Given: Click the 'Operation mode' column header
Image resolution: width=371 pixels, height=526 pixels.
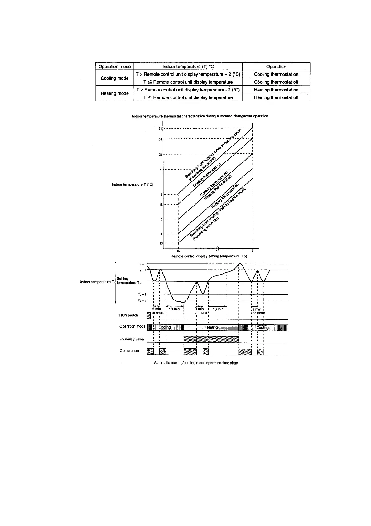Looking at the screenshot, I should point(114,66).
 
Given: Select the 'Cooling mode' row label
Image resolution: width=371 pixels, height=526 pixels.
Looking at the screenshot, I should point(114,78).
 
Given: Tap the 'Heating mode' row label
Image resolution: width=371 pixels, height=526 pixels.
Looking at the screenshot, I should point(114,93).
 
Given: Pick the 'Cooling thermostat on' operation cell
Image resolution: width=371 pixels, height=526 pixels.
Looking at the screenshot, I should point(276,74).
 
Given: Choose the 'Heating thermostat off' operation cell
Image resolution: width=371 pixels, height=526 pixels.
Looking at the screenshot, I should point(276,97).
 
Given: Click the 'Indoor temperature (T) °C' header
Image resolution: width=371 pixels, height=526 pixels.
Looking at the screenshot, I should point(188,66).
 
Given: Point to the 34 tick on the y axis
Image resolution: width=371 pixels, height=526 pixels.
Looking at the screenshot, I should point(160,128).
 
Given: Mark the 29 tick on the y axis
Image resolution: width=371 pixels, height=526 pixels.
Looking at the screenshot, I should point(160,170).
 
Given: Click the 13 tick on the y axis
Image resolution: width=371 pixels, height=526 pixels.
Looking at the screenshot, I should point(160,243).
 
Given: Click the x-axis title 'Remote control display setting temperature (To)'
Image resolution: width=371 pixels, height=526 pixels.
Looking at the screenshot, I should point(209,256).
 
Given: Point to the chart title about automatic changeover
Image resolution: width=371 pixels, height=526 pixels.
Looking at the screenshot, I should point(200,116).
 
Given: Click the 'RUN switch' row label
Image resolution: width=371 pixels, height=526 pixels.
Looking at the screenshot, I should point(128,315).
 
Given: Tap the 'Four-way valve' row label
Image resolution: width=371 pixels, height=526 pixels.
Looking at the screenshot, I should point(132,339).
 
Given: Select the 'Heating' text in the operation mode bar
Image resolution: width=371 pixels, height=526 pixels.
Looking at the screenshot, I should point(212,327).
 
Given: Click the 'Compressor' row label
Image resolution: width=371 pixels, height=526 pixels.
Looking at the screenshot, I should point(129,351).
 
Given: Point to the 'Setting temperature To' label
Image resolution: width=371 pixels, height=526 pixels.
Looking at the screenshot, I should point(129,280).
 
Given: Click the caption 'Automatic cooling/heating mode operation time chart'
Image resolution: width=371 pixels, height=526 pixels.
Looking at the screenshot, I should point(196,363).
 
